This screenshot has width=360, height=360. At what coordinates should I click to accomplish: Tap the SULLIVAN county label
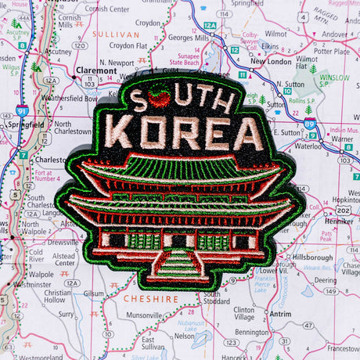click(x=115, y=35)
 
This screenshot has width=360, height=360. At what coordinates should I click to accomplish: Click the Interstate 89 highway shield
click(x=311, y=123)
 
